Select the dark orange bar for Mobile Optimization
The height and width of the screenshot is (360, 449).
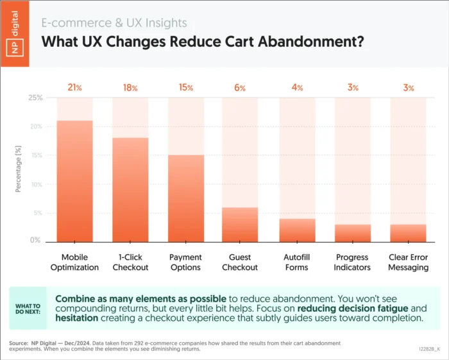tap(75, 180)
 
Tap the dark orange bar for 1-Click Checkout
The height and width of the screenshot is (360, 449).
tap(130, 189)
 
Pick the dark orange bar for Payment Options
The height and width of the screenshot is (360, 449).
tap(186, 198)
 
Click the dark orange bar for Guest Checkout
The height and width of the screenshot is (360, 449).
tap(240, 224)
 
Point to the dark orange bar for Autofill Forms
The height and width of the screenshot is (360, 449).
tap(297, 230)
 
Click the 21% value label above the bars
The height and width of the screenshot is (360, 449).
tap(75, 87)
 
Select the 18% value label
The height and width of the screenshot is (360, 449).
tap(130, 87)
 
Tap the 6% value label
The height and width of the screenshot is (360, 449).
tap(240, 87)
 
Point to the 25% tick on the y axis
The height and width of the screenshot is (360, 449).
tap(35, 98)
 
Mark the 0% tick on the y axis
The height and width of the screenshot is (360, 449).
tap(36, 241)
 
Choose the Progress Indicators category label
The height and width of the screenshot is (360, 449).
tap(353, 262)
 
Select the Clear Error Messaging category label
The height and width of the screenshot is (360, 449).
tap(409, 262)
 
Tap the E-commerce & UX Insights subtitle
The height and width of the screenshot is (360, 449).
tap(114, 23)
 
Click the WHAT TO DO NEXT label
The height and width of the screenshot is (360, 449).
tap(28, 309)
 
